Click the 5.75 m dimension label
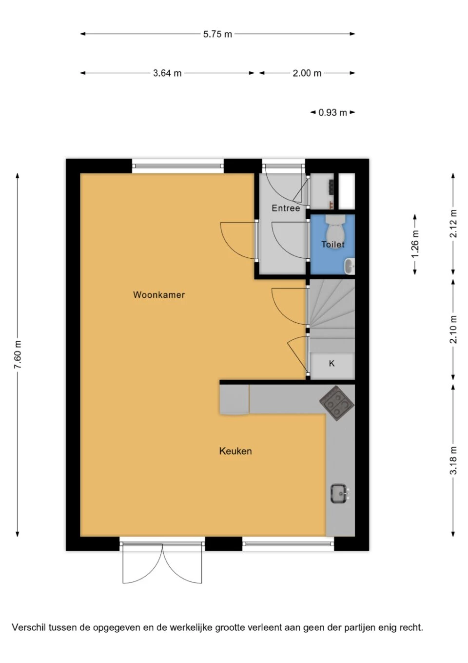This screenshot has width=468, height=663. click(x=217, y=34)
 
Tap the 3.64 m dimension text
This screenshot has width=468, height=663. click(x=167, y=73)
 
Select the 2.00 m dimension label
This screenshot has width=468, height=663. click(x=307, y=73)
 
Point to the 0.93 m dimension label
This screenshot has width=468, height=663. click(x=332, y=112)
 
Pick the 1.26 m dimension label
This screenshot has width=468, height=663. click(x=415, y=244)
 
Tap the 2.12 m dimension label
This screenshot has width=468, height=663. click(x=453, y=224)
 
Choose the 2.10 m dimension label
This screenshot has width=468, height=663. click(x=453, y=330)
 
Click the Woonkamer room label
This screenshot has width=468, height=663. click(x=159, y=295)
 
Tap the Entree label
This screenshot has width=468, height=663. click(x=286, y=208)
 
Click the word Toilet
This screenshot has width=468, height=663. click(x=333, y=245)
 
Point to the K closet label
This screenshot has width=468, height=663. click(x=332, y=363)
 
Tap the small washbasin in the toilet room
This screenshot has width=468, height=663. click(x=350, y=266)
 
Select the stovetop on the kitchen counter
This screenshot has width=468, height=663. click(x=337, y=403)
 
